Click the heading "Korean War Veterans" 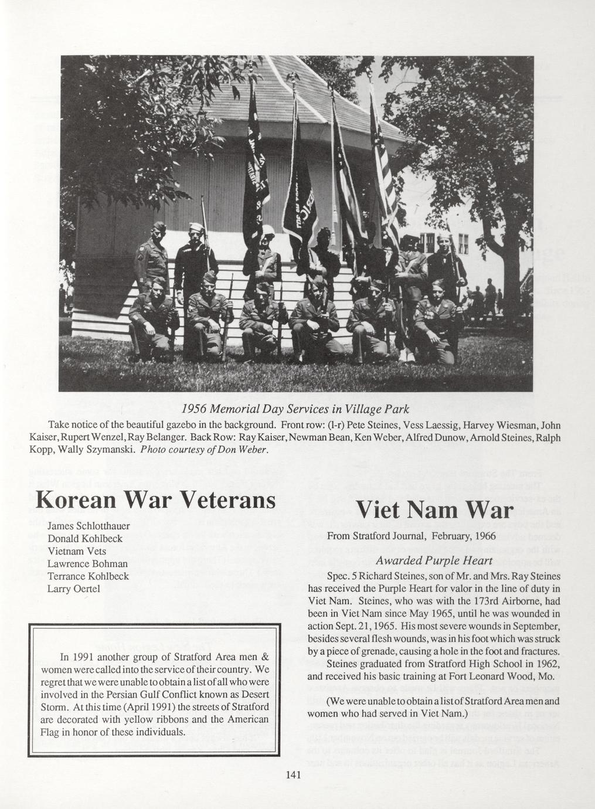pyautogui.click(x=155, y=499)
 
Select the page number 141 pyautogui.click(x=293, y=775)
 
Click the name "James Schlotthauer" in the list pyautogui.click(x=89, y=526)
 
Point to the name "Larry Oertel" pyautogui.click(x=74, y=588)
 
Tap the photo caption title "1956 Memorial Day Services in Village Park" pyautogui.click(x=295, y=407)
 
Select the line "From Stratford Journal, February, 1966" pyautogui.click(x=411, y=536)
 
